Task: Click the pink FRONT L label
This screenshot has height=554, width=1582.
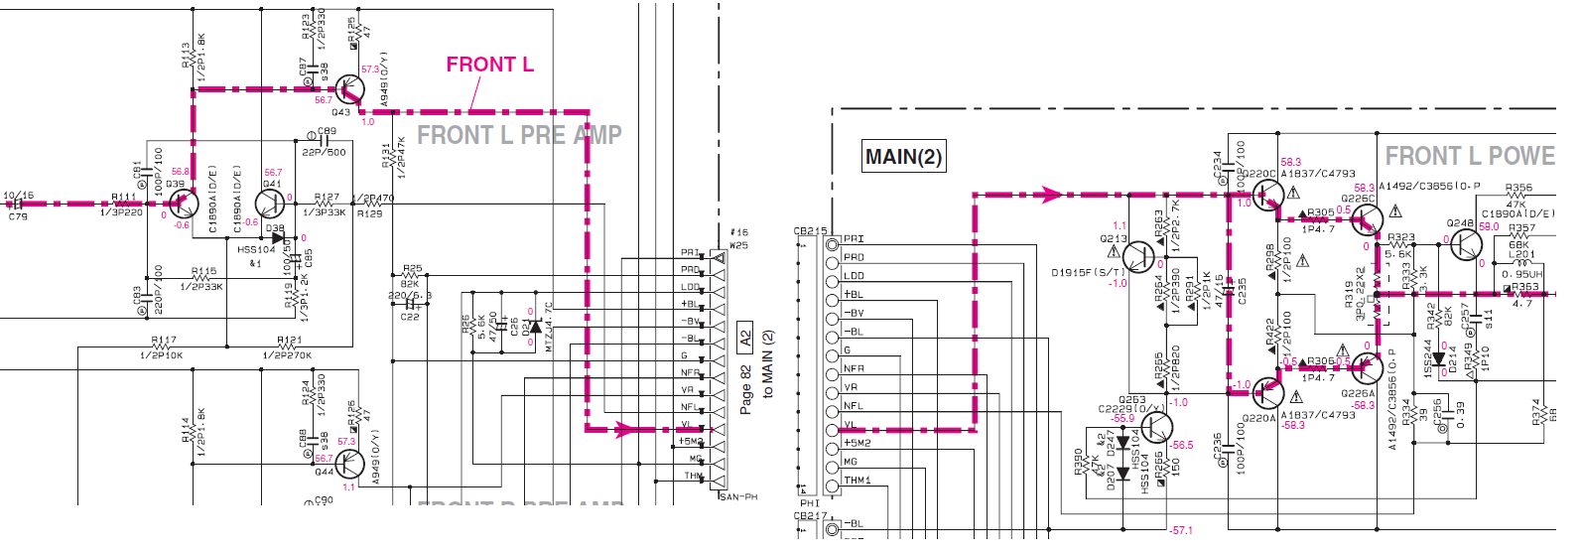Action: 489,65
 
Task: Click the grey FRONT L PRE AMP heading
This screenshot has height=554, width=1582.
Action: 519,135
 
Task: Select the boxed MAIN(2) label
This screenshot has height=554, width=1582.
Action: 903,157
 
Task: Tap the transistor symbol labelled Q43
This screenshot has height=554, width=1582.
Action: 347,89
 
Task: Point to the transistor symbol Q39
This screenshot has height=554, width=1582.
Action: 181,205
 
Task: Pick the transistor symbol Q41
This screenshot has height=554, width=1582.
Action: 270,204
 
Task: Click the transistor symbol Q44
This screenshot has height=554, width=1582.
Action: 348,464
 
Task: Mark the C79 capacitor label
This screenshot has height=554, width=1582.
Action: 18,216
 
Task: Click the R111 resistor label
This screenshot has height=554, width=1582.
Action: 124,198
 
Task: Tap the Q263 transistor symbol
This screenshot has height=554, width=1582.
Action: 1156,428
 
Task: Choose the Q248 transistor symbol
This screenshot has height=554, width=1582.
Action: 1465,244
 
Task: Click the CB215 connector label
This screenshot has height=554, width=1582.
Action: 810,231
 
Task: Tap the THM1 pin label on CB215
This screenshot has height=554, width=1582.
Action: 857,481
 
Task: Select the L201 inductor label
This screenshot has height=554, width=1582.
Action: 1520,254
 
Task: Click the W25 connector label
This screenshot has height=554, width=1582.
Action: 738,245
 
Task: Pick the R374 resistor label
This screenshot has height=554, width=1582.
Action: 1537,411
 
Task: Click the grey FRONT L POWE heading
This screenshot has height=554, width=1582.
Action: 1469,156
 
